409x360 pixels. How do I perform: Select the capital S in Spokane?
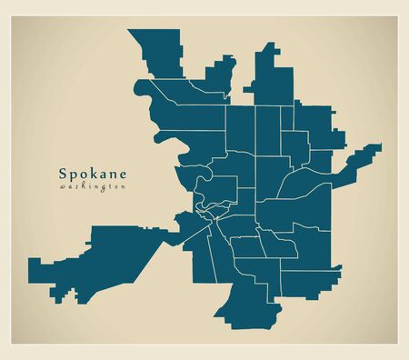click(63, 171)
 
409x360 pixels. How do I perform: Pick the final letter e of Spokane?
click(122, 172)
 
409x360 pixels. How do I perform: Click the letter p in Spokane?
click(73, 173)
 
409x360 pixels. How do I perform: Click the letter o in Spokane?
click(82, 172)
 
